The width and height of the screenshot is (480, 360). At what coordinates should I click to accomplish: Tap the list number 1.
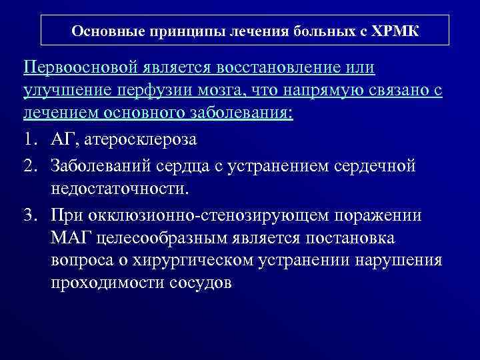[29, 141]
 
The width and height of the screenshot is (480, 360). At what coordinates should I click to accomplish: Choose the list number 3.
[30, 215]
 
